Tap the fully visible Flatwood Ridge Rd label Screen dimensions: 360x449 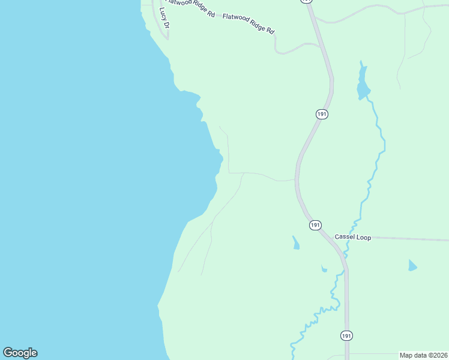pos(248,23)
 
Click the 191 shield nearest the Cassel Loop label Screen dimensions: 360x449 pos(316,224)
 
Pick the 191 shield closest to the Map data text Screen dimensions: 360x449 pos(346,335)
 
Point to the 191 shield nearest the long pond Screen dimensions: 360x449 pos(322,113)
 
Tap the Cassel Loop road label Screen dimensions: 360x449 pos(353,238)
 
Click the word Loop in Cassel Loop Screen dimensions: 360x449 pos(364,238)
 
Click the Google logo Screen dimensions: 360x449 pos(20,353)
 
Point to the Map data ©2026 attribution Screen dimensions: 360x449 pos(423,355)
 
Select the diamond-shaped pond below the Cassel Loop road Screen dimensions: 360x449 pos(412,265)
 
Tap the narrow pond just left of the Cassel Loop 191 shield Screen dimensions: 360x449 pos(295,242)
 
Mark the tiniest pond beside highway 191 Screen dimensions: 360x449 pos(324,269)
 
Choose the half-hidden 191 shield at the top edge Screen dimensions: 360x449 pos(307,1)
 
